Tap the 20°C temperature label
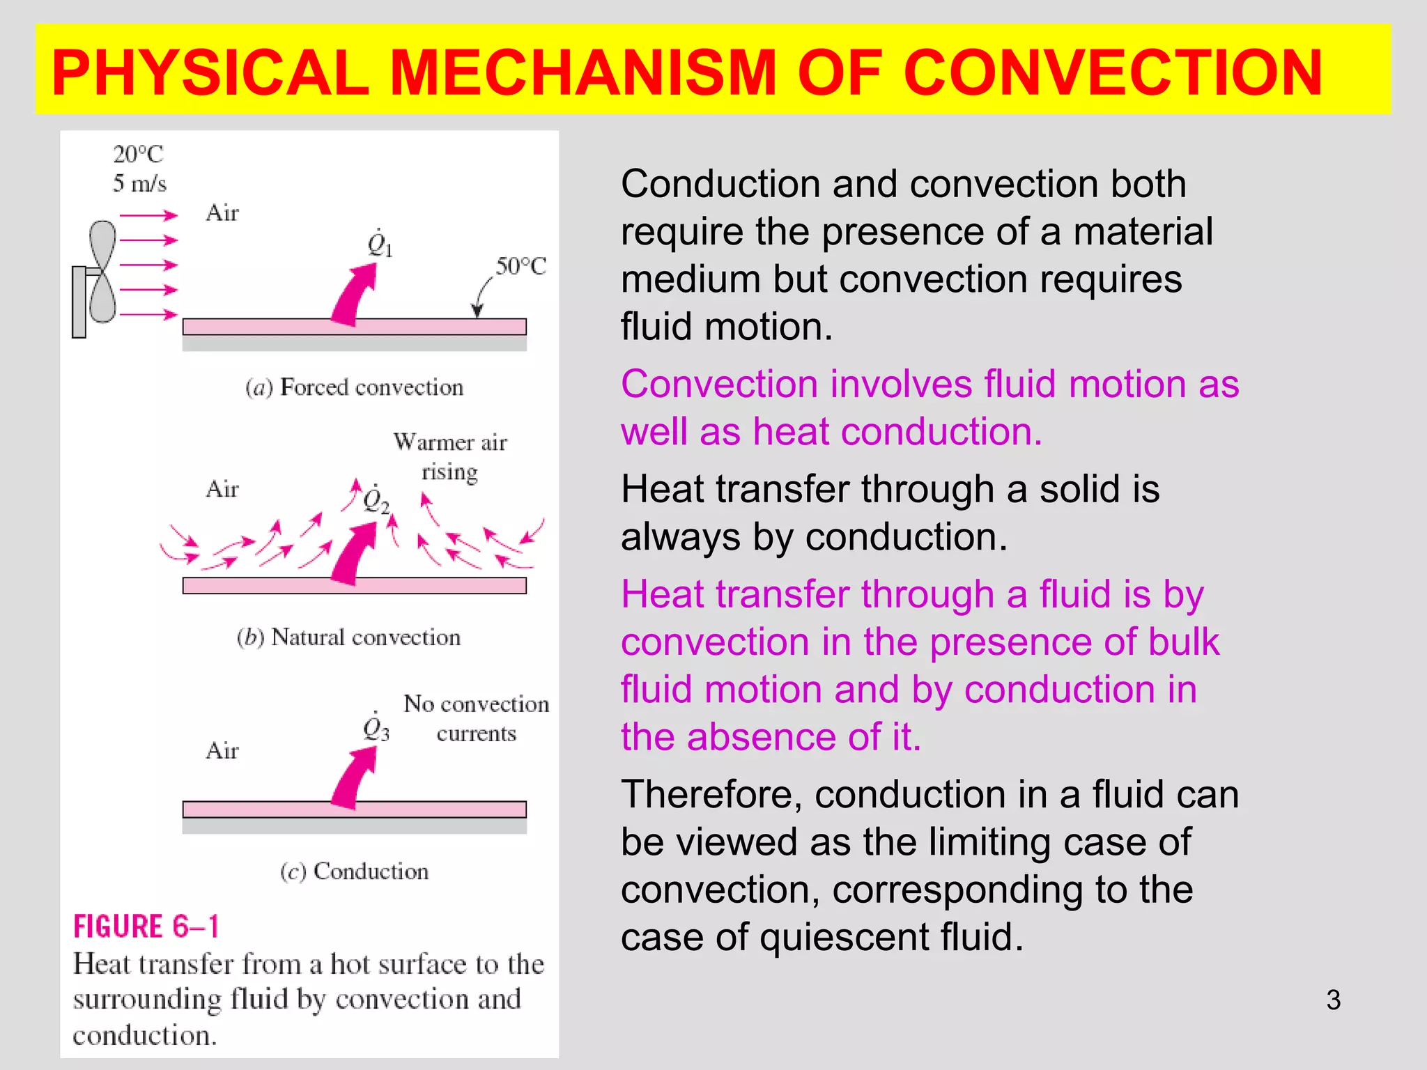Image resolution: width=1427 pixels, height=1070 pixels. (x=138, y=154)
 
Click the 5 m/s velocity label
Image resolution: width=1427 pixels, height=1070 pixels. (x=139, y=184)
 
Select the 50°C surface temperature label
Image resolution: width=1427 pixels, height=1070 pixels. (x=520, y=266)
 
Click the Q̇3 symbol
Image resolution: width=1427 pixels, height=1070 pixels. (x=376, y=728)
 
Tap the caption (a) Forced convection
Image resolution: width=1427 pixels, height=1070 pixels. (x=354, y=387)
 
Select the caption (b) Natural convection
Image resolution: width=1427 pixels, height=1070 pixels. (x=348, y=637)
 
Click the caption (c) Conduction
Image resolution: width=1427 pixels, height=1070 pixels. (x=354, y=871)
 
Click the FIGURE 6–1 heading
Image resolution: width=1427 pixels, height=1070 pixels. (x=146, y=927)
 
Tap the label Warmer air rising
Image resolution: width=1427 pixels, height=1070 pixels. (x=450, y=457)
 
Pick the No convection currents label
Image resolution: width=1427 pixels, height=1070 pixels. (x=477, y=718)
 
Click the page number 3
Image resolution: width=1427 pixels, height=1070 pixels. (x=1333, y=1000)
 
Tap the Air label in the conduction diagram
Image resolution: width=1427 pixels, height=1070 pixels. (x=222, y=751)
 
